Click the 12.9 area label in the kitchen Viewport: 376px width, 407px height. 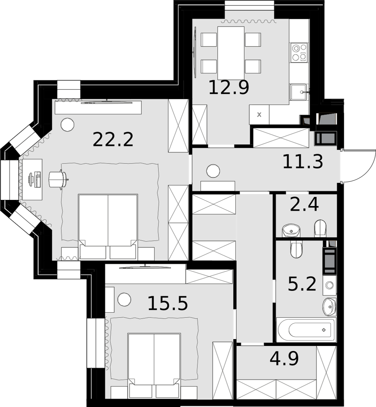[x=229, y=87]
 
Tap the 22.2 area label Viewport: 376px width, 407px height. [x=113, y=140]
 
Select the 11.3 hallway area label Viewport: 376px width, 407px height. [x=303, y=162]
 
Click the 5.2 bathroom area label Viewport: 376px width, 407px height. [x=302, y=284]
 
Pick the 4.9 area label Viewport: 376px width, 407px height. [x=284, y=359]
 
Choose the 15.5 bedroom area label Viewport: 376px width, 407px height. [x=168, y=303]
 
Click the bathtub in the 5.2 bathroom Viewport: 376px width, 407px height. [x=306, y=330]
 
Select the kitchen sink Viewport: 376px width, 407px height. [x=299, y=92]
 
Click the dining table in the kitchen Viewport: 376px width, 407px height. [x=231, y=53]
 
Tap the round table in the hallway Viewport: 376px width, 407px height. [x=213, y=171]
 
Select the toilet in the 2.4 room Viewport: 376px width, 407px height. [x=320, y=228]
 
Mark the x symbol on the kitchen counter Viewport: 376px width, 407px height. [x=259, y=115]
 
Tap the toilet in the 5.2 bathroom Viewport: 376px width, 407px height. [x=296, y=249]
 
